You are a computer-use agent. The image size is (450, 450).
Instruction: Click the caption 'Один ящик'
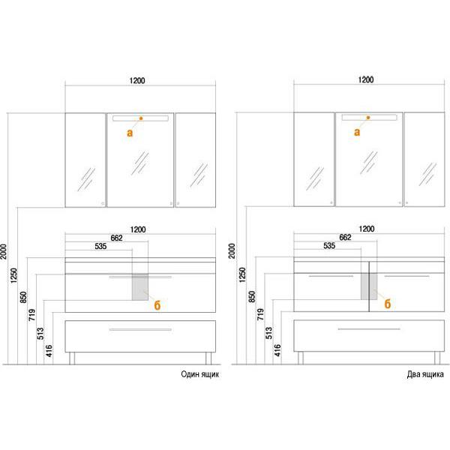click(x=199, y=374)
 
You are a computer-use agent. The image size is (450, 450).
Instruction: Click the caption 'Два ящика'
click(x=425, y=374)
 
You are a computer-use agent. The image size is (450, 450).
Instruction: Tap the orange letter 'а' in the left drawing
click(x=130, y=133)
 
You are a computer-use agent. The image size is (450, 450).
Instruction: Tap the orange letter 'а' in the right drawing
click(x=357, y=132)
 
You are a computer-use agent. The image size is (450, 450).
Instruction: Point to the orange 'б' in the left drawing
click(x=157, y=305)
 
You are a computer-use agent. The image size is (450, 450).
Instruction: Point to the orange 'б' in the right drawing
click(x=388, y=304)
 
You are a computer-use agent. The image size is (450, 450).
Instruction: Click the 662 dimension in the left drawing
click(x=116, y=238)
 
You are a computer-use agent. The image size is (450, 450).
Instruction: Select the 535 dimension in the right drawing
click(x=329, y=246)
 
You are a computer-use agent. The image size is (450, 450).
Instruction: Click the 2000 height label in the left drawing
click(x=4, y=252)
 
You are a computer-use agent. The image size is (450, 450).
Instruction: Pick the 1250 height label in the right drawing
click(x=242, y=275)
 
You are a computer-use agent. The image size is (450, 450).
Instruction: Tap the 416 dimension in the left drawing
click(x=49, y=351)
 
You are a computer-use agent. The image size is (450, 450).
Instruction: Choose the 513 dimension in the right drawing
click(x=268, y=333)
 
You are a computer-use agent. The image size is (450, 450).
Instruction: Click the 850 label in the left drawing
click(x=23, y=297)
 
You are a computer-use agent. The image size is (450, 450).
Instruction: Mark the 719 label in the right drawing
click(x=260, y=314)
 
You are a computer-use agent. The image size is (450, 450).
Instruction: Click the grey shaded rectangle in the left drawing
click(x=140, y=287)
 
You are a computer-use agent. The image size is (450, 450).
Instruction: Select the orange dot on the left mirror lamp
click(x=141, y=118)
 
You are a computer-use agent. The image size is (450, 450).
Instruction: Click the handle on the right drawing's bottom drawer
click(x=369, y=329)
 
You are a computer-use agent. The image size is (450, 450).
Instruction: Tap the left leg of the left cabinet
click(x=72, y=358)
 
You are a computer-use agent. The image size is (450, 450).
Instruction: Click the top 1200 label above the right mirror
click(x=366, y=79)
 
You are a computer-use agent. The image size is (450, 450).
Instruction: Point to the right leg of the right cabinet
click(x=437, y=358)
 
